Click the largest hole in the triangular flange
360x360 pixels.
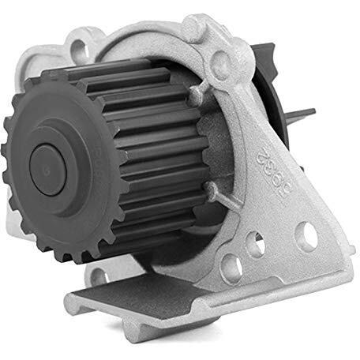[x=306, y=235]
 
